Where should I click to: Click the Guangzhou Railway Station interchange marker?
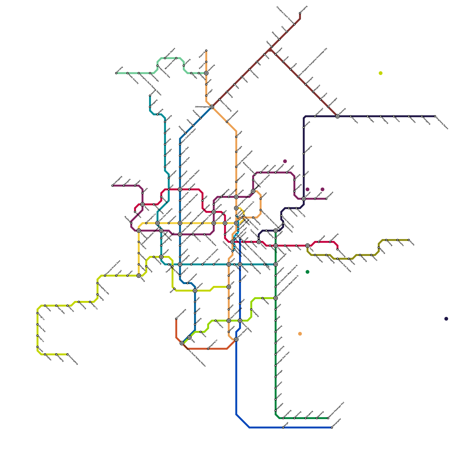pos(180,190)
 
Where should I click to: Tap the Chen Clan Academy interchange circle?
pos(157,223)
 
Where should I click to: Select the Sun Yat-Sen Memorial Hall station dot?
pos(180,212)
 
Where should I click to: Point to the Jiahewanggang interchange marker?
pos(212,107)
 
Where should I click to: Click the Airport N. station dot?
pos(206,51)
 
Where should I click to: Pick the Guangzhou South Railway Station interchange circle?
pos(182,343)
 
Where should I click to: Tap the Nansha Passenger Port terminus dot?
pos(328,418)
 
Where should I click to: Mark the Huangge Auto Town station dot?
pos(276,366)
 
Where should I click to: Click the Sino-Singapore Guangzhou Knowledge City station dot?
pos(298,77)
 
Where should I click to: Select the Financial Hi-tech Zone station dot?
pos(105,276)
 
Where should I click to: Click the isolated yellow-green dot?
pos(381,73)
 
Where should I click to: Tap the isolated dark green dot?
pos(307,272)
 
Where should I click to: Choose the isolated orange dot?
pos(300,334)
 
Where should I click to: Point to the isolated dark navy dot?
pos(446,319)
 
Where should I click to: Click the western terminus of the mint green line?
pos(116,73)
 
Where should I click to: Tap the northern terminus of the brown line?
pos(300,13)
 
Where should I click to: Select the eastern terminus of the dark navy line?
pos(435,116)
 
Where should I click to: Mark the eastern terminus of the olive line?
pos(409,240)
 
